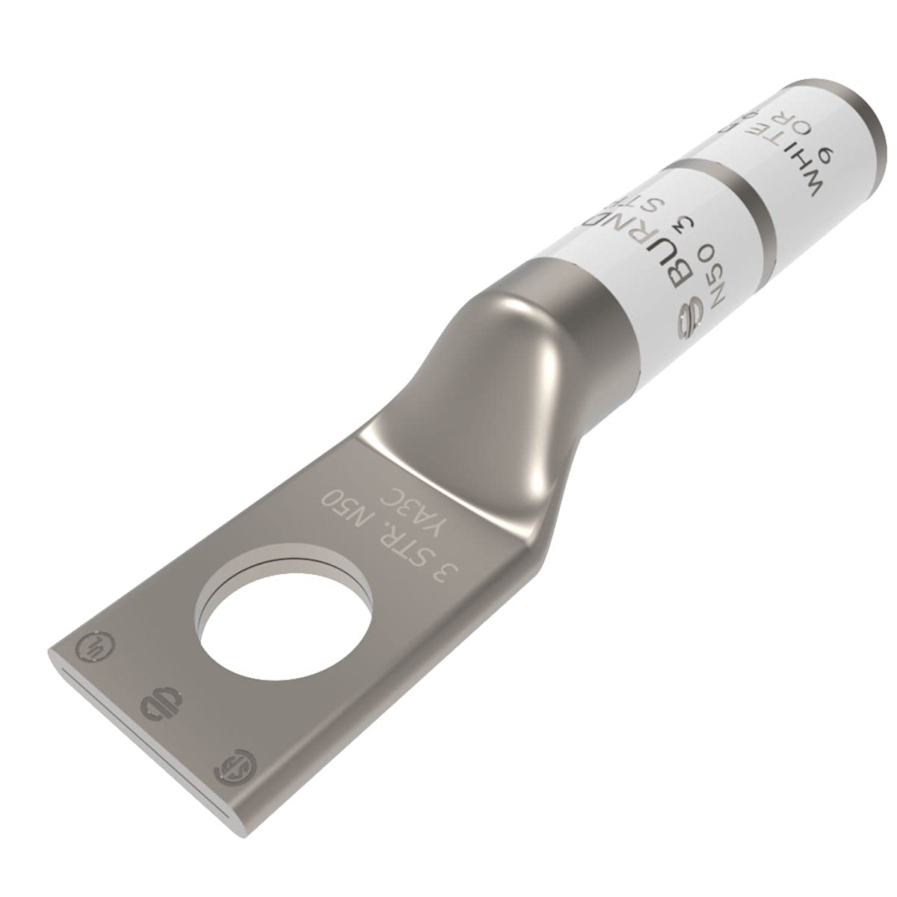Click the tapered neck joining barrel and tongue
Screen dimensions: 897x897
(x=523, y=336)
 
